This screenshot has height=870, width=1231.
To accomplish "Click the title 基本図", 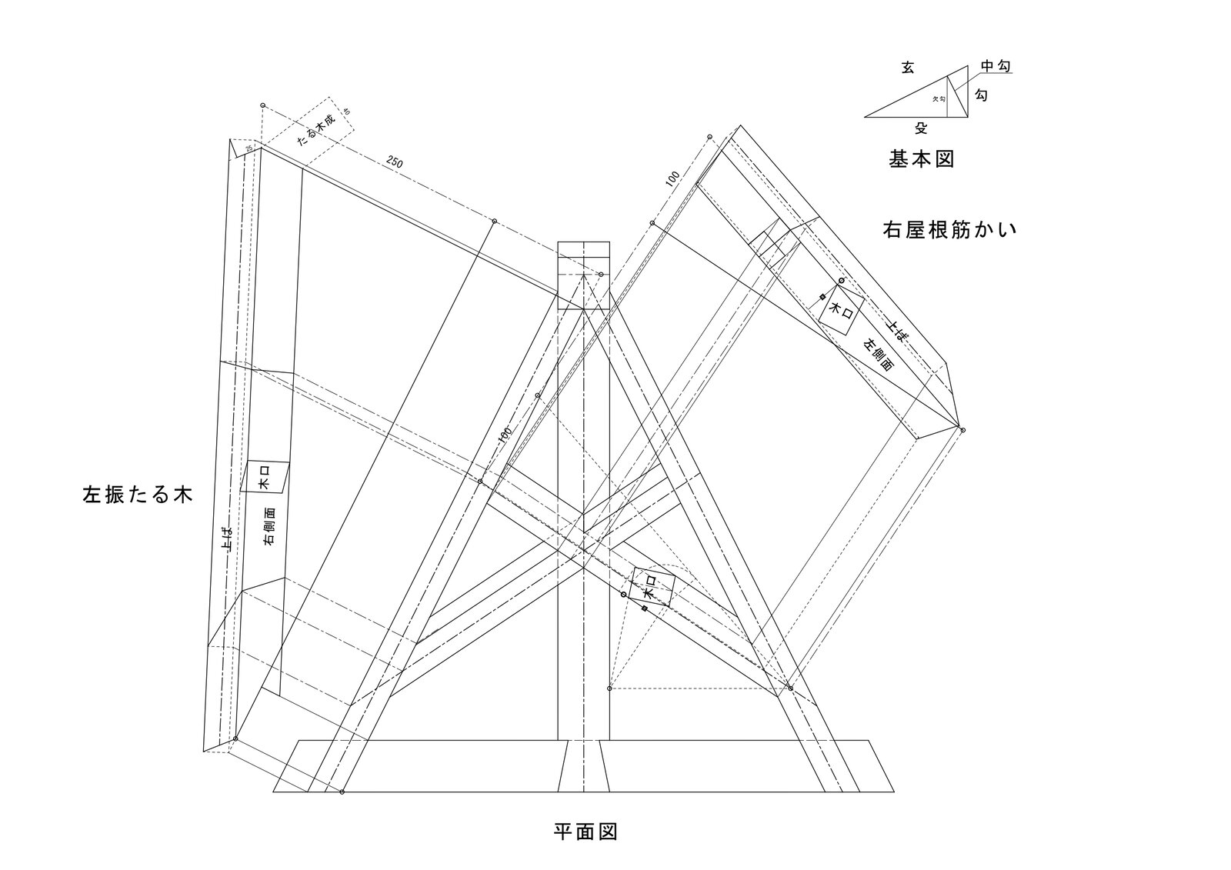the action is (922, 159).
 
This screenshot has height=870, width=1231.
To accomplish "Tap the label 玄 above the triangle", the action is (908, 68).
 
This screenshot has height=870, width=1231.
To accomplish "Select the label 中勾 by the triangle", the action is (996, 67).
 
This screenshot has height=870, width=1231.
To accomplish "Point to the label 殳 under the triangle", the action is (921, 128).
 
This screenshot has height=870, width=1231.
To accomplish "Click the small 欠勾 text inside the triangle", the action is (938, 99).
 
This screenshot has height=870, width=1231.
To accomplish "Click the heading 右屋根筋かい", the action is (949, 229).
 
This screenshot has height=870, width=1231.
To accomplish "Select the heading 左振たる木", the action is (136, 494).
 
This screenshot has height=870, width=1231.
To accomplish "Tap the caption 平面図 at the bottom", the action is (585, 832).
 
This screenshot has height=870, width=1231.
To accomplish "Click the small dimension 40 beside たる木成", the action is (346, 112).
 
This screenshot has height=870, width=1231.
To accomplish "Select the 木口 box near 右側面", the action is (265, 477).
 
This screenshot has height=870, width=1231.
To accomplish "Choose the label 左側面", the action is (878, 355).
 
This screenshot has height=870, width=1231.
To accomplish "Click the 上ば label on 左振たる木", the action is (225, 540).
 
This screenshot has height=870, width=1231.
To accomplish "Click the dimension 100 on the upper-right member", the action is (672, 178).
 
